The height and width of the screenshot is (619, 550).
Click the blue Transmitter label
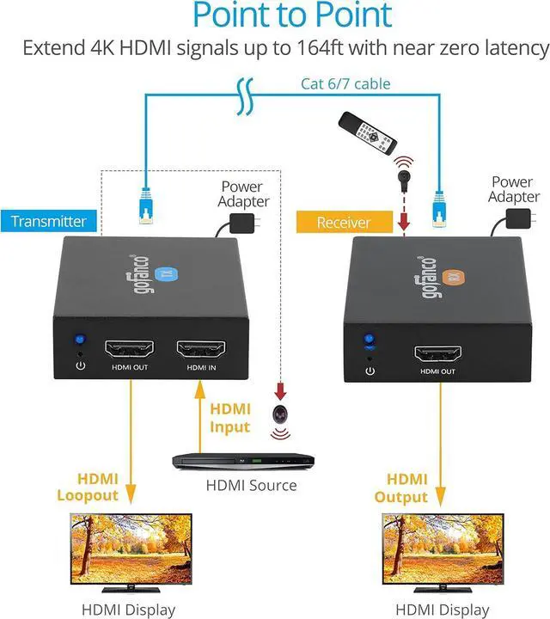[x=49, y=221]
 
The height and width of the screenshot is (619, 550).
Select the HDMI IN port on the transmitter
[x=200, y=349]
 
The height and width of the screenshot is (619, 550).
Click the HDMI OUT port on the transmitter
[x=129, y=349]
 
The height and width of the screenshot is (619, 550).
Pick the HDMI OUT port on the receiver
[x=438, y=353]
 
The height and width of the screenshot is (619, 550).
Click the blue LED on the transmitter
[x=80, y=340]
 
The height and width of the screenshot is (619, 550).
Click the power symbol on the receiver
[x=370, y=371]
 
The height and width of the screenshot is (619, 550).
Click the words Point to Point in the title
[x=292, y=15]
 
